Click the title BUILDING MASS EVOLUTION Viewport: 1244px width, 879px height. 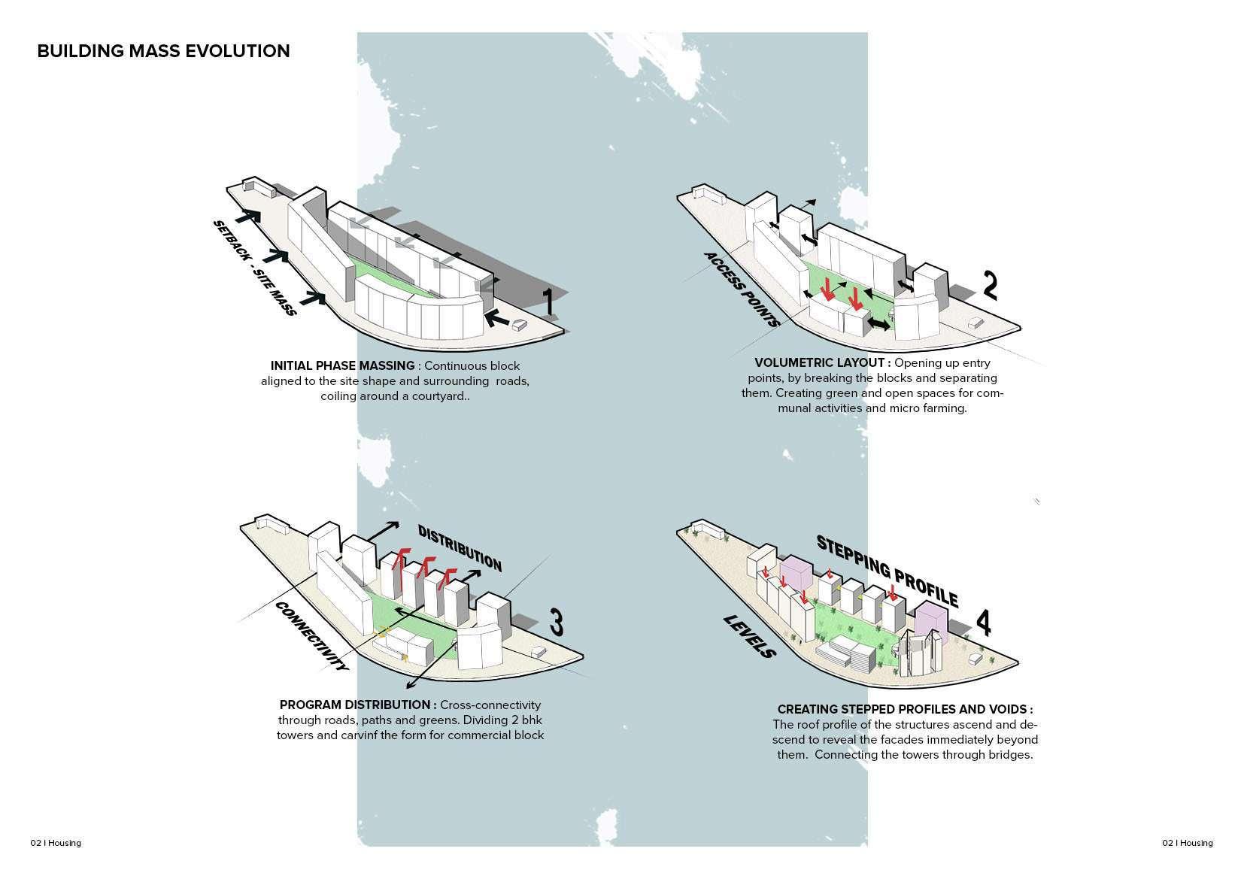pos(163,51)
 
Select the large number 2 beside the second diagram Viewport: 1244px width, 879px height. pos(990,285)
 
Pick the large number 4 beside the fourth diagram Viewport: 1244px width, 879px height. pos(983,623)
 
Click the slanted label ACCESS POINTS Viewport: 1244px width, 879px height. pos(741,289)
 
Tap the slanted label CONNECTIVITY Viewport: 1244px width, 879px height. pos(312,635)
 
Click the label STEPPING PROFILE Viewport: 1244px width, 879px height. pos(887,571)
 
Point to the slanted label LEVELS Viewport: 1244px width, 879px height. pos(749,636)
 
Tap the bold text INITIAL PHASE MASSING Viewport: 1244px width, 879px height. pos(342,366)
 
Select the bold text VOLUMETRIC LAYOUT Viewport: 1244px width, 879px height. pos(822,363)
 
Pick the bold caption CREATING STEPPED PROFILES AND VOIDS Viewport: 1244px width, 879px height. pos(905,710)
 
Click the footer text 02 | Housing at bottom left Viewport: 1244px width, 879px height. pos(56,843)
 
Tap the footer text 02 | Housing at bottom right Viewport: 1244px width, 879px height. pos(1187,843)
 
